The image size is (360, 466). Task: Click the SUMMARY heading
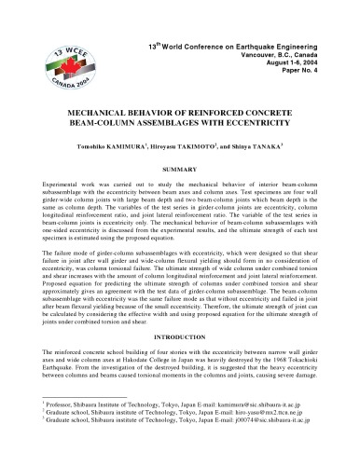(x=180, y=169)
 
